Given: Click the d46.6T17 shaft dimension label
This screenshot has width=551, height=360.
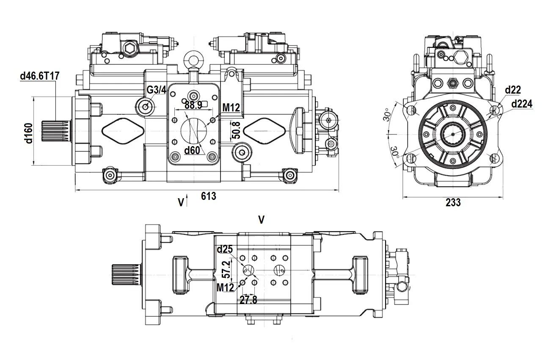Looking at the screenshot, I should (x=39, y=77).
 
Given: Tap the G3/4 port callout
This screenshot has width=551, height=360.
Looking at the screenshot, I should (x=157, y=90).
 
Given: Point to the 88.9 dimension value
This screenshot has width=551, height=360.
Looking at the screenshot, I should (x=193, y=105).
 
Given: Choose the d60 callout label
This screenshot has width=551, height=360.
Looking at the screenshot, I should (x=192, y=150).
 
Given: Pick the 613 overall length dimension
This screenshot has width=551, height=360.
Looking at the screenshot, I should (x=208, y=196).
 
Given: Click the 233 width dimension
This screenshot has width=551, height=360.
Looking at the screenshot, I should (x=453, y=203).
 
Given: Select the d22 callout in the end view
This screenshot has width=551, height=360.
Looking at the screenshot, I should (x=513, y=89).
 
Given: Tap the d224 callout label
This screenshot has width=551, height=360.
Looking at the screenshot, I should (x=522, y=104).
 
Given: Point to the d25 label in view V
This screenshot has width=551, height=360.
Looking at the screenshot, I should (x=225, y=250).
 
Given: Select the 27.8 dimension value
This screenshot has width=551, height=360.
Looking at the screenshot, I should (x=248, y=300).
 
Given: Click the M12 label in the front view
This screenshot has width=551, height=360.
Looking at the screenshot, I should (x=231, y=108).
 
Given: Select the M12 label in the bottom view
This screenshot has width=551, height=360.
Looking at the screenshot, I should (x=225, y=288).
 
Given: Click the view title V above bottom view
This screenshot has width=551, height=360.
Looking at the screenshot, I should (x=262, y=219).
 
